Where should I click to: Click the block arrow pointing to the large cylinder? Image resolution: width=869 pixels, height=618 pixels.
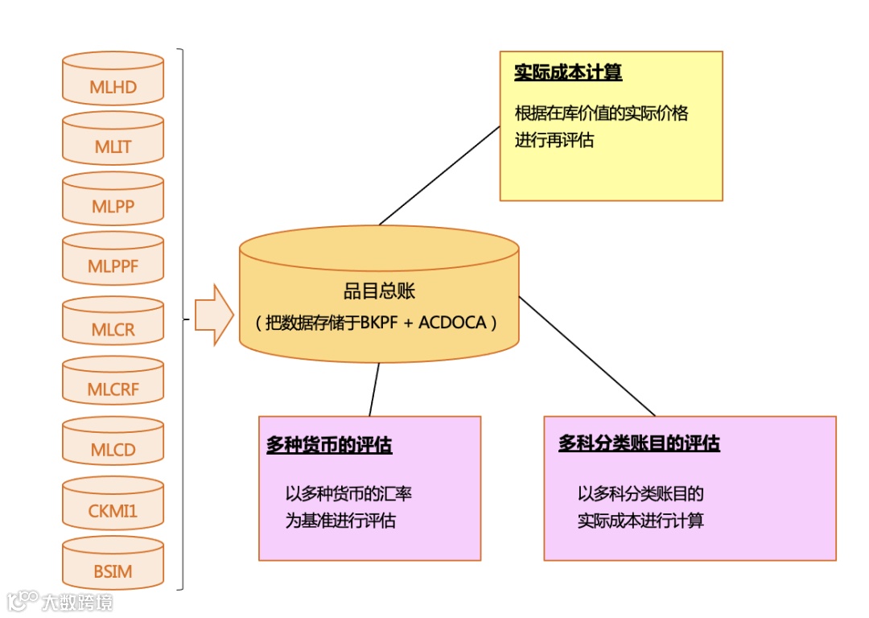tap(212, 315)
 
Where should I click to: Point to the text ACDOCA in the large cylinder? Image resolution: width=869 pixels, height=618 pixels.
tap(453, 323)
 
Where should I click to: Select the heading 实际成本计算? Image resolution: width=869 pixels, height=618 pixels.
tap(568, 73)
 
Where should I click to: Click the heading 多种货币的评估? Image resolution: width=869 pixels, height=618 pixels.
tap(329, 445)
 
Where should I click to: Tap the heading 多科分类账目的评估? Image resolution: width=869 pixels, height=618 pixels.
tap(639, 443)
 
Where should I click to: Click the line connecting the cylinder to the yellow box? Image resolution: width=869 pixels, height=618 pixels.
tap(439, 175)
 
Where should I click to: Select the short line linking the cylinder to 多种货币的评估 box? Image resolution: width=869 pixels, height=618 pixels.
tap(373, 389)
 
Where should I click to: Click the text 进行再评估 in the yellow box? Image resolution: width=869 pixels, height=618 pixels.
tap(554, 140)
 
